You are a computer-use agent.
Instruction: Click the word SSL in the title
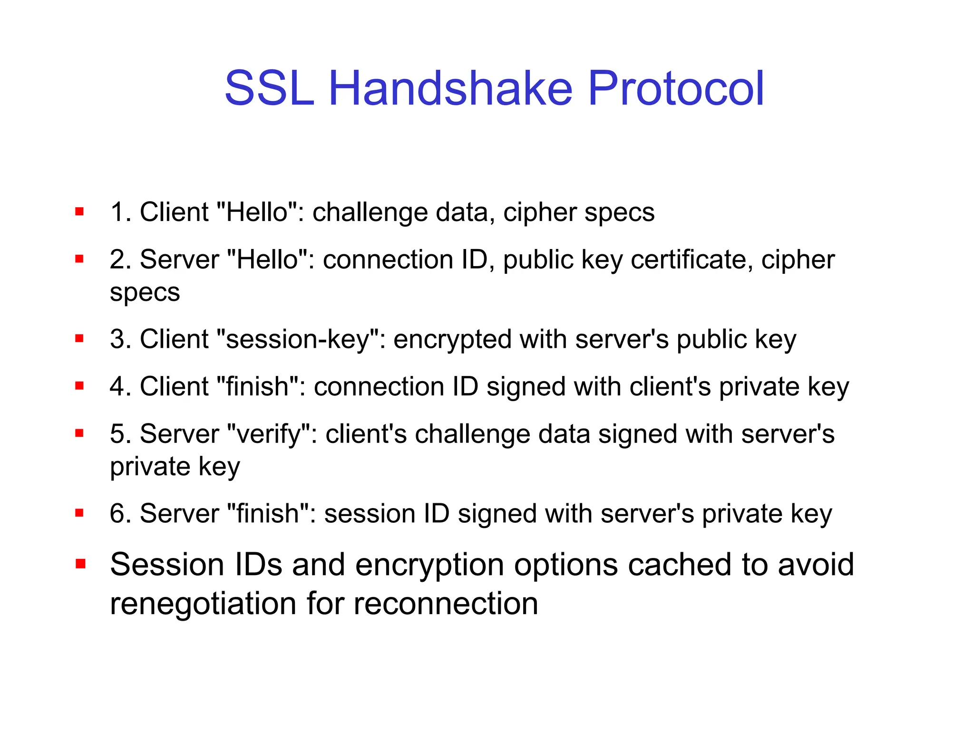point(269,88)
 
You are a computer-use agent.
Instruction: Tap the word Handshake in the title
point(450,88)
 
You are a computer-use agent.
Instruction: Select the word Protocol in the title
point(676,88)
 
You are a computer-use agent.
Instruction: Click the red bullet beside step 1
point(79,211)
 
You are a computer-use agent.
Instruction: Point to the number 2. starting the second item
point(120,259)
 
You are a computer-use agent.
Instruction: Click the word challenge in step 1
point(370,212)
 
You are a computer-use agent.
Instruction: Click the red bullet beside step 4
point(79,386)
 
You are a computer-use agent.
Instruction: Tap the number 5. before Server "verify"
point(120,434)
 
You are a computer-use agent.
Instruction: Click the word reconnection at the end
point(446,604)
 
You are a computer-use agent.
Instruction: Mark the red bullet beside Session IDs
point(80,564)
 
